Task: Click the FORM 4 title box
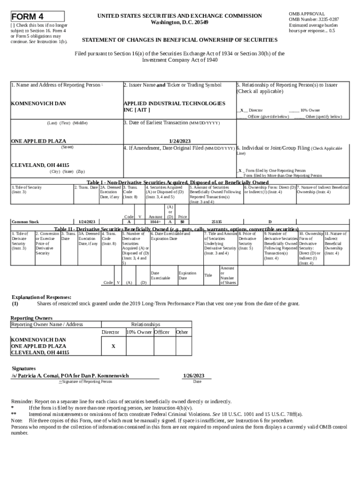37,16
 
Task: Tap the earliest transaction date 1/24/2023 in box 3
180,141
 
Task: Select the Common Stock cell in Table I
25,222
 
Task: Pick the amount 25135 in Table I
216,222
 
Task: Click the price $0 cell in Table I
182,222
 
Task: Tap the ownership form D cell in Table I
270,222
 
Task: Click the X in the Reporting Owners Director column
113,346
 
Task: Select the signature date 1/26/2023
193,376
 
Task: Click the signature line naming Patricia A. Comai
70,376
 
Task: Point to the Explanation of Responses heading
41,297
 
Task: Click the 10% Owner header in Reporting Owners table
139,332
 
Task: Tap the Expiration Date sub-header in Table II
187,276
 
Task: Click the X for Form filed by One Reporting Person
240,171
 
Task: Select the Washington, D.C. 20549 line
180,22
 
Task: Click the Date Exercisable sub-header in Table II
160,276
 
